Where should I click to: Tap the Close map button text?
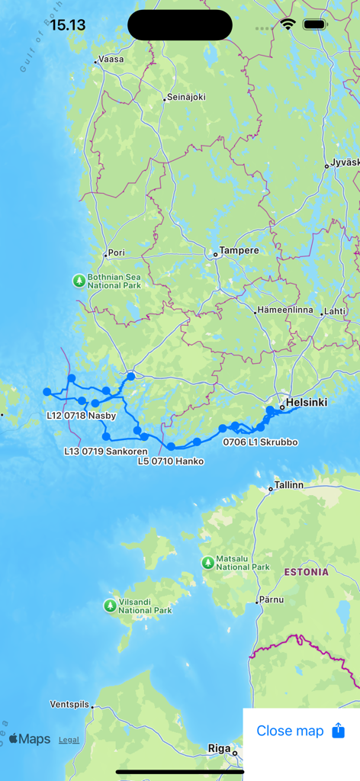click(290, 731)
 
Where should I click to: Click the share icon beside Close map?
click(339, 731)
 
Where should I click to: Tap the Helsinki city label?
click(306, 402)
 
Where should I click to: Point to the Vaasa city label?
click(111, 59)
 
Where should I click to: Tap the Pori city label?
click(117, 252)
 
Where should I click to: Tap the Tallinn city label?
click(289, 485)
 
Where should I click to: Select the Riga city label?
click(219, 749)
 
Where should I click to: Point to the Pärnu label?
click(272, 599)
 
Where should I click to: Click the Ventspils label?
click(69, 704)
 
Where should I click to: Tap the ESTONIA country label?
click(306, 571)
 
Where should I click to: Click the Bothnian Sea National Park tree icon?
click(79, 281)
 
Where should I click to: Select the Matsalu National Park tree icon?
click(207, 562)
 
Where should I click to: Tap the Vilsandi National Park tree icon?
click(110, 606)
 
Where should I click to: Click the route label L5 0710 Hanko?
click(171, 461)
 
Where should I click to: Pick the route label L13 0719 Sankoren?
click(106, 451)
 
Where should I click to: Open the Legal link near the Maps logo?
click(69, 740)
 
